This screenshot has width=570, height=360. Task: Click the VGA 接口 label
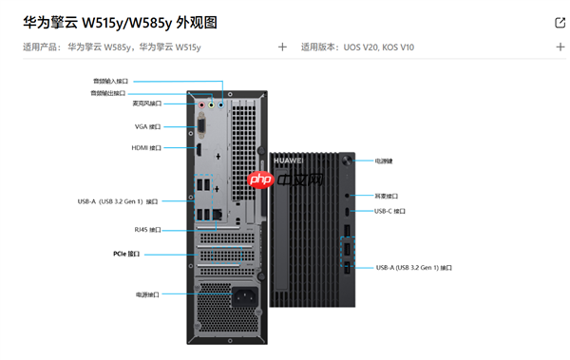[x=147, y=125]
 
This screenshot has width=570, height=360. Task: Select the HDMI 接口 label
[x=146, y=147]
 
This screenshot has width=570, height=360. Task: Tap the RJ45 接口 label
[x=147, y=229]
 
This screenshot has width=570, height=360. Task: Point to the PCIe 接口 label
[x=126, y=254]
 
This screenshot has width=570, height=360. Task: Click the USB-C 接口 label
[x=389, y=211]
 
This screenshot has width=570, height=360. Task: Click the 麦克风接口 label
[x=146, y=103]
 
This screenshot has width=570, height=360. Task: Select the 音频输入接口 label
[x=109, y=82]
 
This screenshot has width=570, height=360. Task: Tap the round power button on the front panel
[x=351, y=161]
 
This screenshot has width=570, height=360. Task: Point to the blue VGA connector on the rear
[x=200, y=125]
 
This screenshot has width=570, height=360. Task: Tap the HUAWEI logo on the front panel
[x=286, y=161]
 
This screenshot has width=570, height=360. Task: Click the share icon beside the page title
[x=559, y=22]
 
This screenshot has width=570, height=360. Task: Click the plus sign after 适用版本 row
[x=560, y=47]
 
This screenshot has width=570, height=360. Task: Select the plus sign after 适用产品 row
[x=282, y=47]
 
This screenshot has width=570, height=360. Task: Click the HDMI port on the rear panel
[x=200, y=148]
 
